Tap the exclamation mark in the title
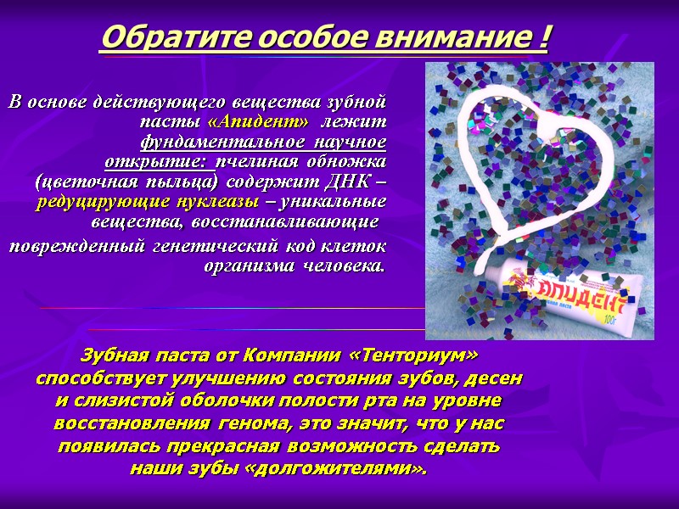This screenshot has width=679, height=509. tap(542, 38)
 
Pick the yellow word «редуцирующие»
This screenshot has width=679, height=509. tap(90, 202)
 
